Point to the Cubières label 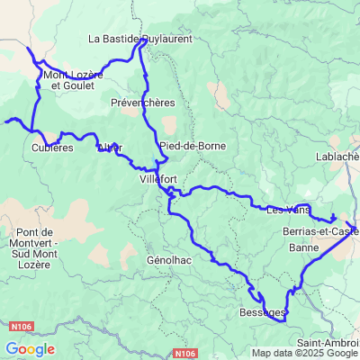pyautogui.click(x=51, y=148)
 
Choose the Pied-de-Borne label pyautogui.click(x=186, y=146)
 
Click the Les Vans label pyautogui.click(x=288, y=211)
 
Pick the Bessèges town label pyautogui.click(x=263, y=313)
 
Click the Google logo pyautogui.click(x=30, y=349)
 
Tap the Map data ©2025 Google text pyautogui.click(x=305, y=353)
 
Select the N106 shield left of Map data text pyautogui.click(x=184, y=354)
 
